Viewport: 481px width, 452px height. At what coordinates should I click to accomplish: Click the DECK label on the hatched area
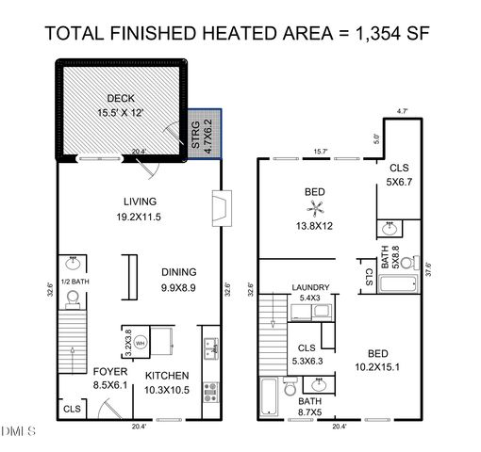point(121,97)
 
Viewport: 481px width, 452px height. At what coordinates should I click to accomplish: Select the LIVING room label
point(140,201)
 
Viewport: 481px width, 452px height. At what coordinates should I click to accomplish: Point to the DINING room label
point(177,270)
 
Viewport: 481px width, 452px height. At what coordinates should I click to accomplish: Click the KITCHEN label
point(167,375)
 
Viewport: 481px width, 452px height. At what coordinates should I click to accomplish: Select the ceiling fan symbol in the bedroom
point(314,207)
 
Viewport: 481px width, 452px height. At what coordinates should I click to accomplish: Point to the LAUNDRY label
point(310,287)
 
